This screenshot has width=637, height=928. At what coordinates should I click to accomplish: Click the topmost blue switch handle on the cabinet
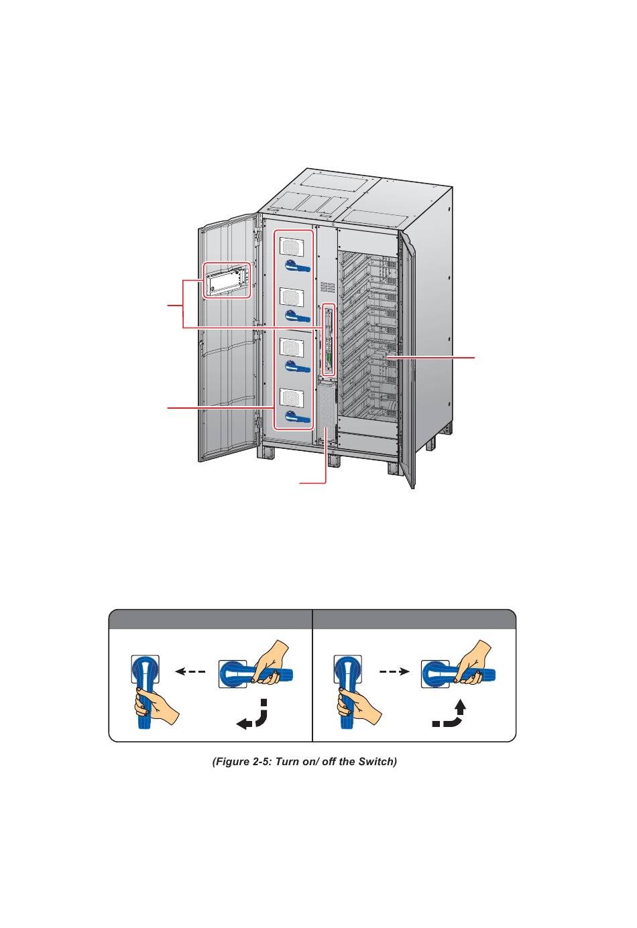coord(298,267)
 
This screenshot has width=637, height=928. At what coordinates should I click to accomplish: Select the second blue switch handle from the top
coord(298,316)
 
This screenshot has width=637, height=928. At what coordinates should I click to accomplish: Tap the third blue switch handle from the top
coord(298,367)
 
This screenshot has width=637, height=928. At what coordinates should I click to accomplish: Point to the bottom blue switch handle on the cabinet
coord(298,417)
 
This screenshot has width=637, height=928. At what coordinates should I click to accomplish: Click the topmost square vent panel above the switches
coord(292,246)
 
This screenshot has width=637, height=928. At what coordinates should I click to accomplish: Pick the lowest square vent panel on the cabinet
coord(292,397)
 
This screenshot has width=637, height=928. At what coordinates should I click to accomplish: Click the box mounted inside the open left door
coord(227,281)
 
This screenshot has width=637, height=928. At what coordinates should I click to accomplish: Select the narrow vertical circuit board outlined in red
coord(329,340)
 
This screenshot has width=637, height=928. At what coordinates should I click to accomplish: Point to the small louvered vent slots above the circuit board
coord(327,287)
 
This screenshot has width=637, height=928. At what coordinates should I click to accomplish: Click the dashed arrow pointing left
coord(190,671)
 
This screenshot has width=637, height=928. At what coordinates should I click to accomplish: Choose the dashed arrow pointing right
coord(394,671)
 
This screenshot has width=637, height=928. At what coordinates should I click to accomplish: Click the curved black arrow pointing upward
coord(450,714)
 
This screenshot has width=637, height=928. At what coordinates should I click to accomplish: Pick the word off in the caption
coord(329,762)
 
